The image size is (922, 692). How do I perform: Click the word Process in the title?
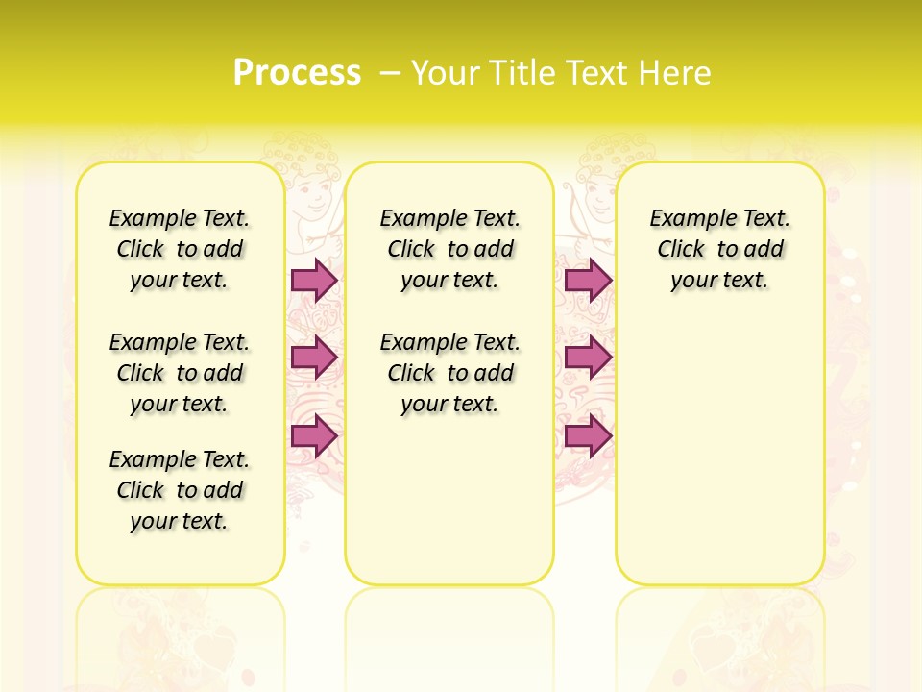[297, 72]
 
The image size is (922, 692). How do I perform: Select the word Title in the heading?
[521, 72]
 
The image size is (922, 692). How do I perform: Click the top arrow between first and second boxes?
[313, 280]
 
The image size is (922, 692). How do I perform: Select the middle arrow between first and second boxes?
[313, 358]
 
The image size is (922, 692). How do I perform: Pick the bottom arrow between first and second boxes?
[313, 435]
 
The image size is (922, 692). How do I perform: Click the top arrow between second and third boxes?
[588, 280]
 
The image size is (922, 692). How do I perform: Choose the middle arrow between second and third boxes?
[588, 358]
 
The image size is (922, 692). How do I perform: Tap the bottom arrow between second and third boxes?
[588, 435]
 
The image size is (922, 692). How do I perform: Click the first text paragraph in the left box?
[180, 249]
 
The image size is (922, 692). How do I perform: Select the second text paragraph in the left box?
[180, 373]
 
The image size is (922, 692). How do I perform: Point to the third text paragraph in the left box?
[180, 490]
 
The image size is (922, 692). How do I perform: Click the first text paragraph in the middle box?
[449, 249]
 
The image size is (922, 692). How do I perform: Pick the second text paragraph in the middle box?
[449, 373]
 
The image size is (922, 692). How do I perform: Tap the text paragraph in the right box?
[720, 249]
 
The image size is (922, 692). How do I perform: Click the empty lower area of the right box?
[720, 461]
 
